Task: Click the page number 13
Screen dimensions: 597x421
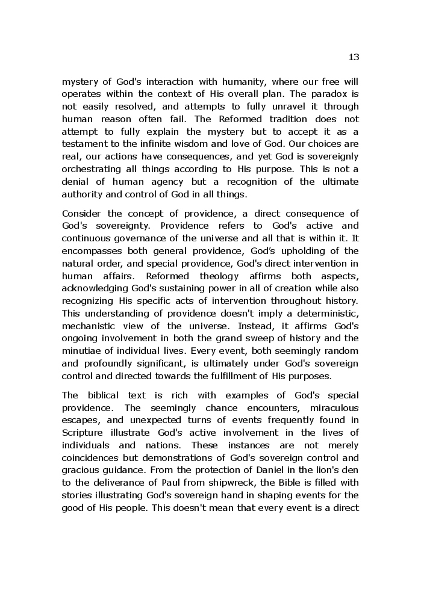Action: (x=354, y=57)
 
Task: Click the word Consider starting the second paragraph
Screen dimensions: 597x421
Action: (x=81, y=213)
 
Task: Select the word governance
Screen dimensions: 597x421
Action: (x=136, y=238)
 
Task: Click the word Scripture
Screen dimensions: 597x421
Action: (x=83, y=433)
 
